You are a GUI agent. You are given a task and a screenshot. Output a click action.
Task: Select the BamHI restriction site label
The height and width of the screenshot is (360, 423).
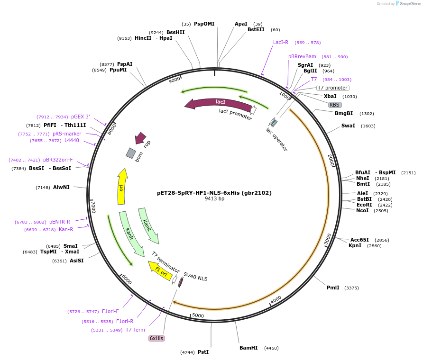coord(248,348)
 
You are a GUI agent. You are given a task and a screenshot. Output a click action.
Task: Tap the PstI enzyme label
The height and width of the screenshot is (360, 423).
coord(203,352)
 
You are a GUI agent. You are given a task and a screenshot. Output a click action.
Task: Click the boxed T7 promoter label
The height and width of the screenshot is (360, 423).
coord(333,88)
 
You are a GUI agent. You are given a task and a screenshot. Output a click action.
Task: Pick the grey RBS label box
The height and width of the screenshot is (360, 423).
coord(335,105)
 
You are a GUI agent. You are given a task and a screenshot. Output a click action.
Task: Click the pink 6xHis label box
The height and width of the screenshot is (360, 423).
coord(156,338)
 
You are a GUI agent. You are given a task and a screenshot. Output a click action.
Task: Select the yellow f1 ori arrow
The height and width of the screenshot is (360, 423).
coord(160,272)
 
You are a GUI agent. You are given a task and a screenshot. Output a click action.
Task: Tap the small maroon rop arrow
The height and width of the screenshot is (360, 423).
coord(140,138)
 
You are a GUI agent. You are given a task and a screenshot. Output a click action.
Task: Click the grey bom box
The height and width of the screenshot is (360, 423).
coord(131,153)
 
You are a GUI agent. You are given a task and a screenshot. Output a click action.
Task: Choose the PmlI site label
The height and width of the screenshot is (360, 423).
coord(333,288)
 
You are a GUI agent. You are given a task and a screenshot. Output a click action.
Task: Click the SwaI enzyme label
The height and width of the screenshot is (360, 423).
coord(348,126)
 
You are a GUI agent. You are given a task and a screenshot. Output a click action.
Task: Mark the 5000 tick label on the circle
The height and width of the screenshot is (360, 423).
coord(198,315)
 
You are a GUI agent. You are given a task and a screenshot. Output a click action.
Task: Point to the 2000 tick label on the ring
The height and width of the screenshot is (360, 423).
coord(331,160)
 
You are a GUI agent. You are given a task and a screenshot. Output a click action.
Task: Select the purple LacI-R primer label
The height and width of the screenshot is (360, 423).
coord(281,42)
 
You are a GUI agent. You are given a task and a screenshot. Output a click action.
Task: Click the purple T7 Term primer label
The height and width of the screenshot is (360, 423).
coord(135,330)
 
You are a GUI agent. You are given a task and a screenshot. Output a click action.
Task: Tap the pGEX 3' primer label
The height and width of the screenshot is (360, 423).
coord(81,117)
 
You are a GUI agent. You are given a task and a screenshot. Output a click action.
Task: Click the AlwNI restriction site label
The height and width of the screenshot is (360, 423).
coord(61,187)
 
